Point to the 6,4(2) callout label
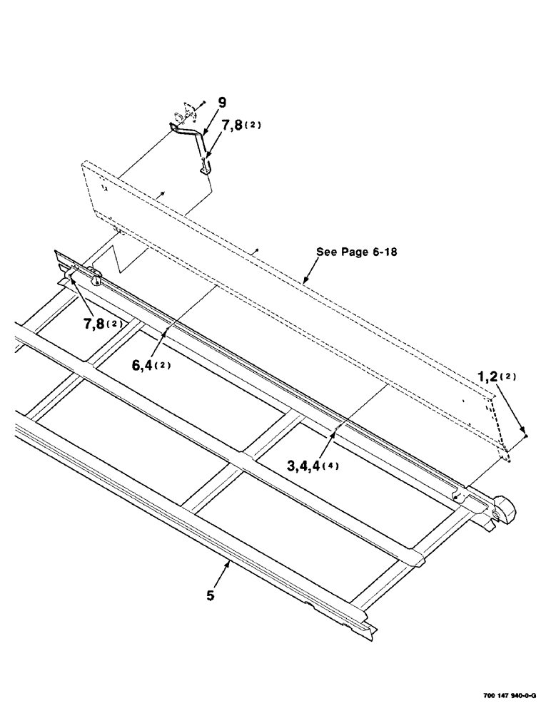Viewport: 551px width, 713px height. click(x=151, y=366)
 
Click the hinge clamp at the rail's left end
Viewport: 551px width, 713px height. click(x=93, y=274)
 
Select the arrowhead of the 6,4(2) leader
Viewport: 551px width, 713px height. click(x=166, y=331)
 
